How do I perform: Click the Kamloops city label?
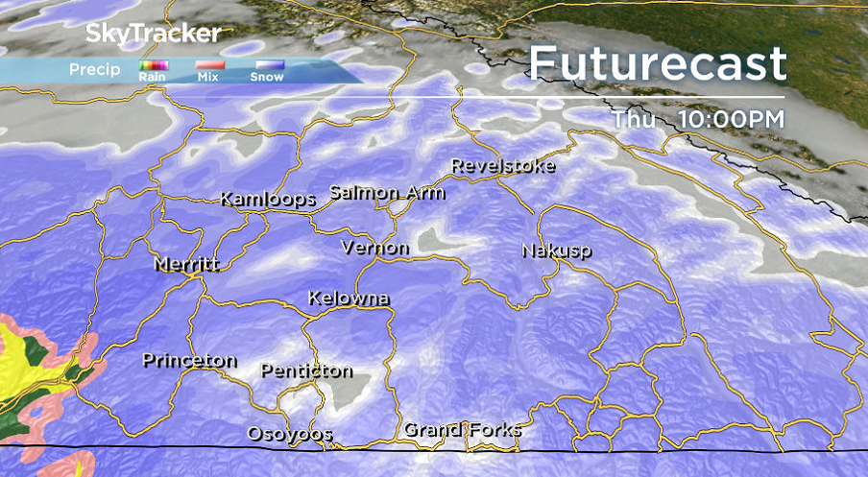pos(268,200)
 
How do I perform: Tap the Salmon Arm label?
pos(387,192)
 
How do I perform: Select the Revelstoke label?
pos(503,166)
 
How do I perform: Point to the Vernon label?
pos(375,248)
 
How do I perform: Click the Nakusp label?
pos(556,250)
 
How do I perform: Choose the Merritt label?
pos(187,264)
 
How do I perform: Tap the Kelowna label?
pos(349,298)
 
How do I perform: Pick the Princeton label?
pos(189,361)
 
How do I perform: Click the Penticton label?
pos(306,370)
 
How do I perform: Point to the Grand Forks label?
pos(462,429)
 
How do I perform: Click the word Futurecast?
pos(658,64)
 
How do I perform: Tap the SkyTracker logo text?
pos(154,34)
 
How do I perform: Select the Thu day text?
pos(635,119)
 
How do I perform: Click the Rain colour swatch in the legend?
pos(154,66)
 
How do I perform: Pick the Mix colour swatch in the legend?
pos(209,66)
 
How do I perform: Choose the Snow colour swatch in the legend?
pos(267,66)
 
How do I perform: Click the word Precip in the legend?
pos(94,69)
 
